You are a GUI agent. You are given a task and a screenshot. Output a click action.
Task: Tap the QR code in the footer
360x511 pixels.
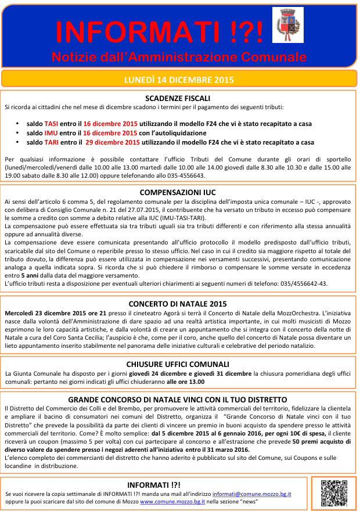tap(332, 490)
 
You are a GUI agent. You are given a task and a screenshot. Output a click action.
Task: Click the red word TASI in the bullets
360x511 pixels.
tap(52, 124)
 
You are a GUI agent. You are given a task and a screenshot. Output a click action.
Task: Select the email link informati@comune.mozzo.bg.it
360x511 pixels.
tap(251, 493)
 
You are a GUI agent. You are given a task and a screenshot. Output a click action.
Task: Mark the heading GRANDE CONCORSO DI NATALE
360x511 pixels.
tap(177, 400)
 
